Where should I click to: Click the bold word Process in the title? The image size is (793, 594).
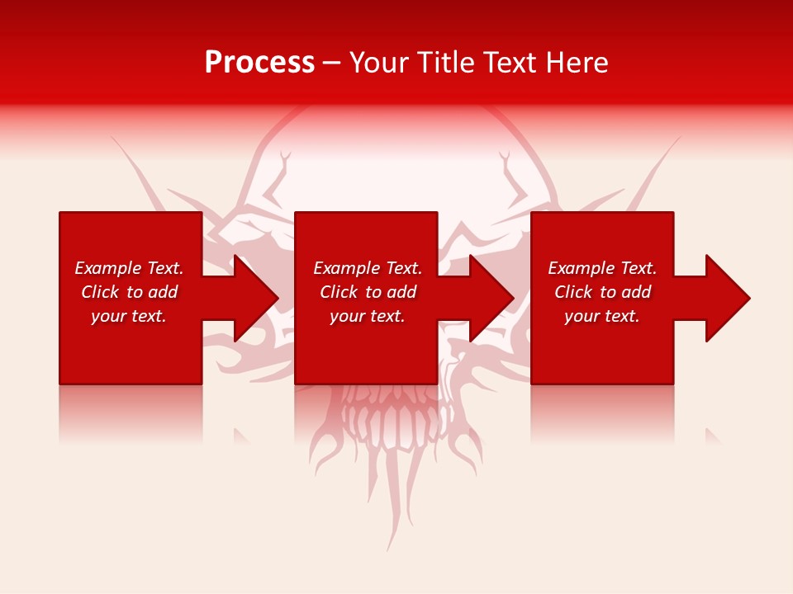point(259,62)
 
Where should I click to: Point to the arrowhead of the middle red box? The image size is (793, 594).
point(490,298)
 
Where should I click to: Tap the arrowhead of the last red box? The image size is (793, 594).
point(725,298)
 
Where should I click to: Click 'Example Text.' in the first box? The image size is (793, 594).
point(129,268)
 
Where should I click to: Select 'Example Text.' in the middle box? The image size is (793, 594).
point(368,268)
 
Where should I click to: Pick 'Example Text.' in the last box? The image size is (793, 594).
point(602,268)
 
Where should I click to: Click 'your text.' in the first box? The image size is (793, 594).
point(129,316)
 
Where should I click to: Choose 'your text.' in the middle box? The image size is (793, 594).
point(368,316)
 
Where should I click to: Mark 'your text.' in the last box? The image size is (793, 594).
point(602,316)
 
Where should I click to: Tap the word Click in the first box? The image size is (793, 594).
point(100,292)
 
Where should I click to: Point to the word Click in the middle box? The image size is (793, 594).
point(339,292)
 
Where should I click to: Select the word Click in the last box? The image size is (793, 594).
point(573,292)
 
